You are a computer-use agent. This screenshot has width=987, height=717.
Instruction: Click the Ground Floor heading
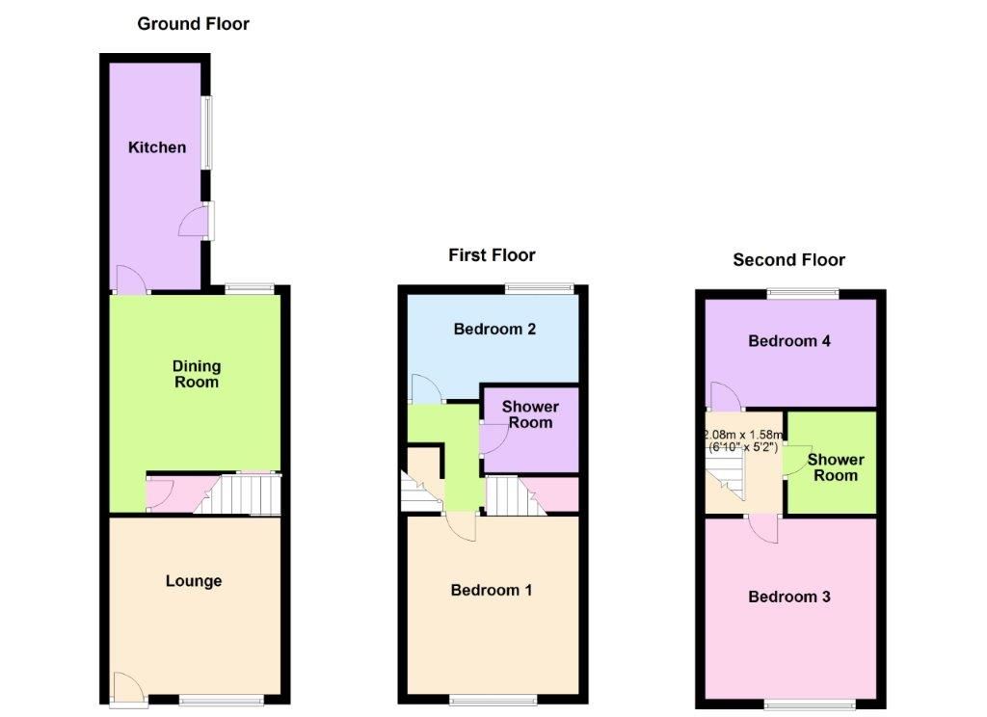[193, 24]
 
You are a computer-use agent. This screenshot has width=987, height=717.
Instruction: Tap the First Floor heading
[492, 255]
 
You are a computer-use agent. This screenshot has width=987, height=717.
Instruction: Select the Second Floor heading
[788, 260]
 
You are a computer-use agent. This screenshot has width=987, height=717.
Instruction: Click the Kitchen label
[157, 147]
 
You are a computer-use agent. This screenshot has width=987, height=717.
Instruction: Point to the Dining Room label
[197, 374]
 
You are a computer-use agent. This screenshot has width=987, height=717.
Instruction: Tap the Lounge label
[194, 581]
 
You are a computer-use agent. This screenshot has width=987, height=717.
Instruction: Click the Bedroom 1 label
[492, 590]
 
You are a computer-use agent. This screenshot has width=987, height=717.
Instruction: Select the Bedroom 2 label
[494, 329]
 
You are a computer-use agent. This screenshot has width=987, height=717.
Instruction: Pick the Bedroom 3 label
[789, 597]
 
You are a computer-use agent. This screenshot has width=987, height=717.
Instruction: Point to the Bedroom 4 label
[789, 341]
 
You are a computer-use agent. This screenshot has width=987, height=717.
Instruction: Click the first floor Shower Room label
[531, 414]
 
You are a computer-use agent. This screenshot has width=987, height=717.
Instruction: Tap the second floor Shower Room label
[836, 467]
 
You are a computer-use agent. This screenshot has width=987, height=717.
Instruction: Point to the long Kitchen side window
[206, 132]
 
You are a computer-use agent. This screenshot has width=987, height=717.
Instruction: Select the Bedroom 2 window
[540, 289]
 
